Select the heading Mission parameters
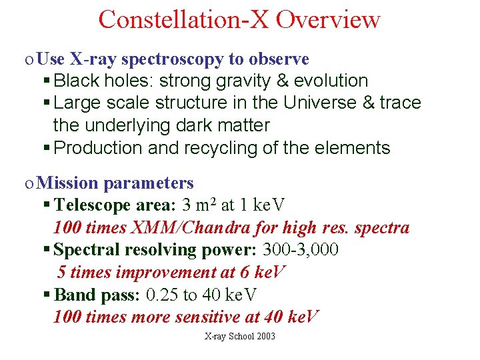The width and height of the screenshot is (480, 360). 115,183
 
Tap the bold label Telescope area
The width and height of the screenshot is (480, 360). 114,205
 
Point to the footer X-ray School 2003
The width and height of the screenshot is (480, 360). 239,337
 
